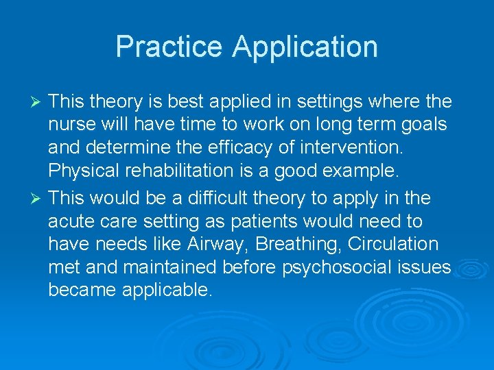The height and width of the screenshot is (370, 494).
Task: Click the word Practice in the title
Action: (169, 47)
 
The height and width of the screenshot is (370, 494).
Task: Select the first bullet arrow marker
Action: (38, 103)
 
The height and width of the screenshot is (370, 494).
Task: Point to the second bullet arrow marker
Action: (38, 199)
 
